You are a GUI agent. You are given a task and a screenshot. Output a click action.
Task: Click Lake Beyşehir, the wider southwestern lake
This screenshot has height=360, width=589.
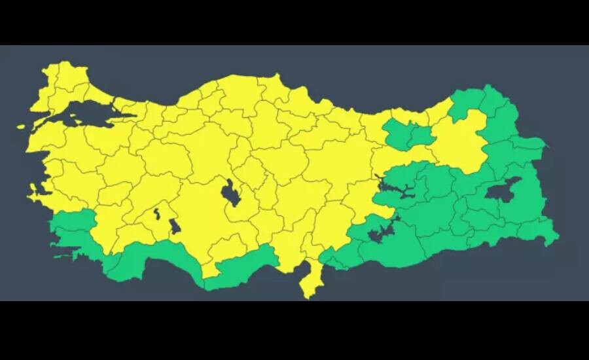click(x=174, y=226)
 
